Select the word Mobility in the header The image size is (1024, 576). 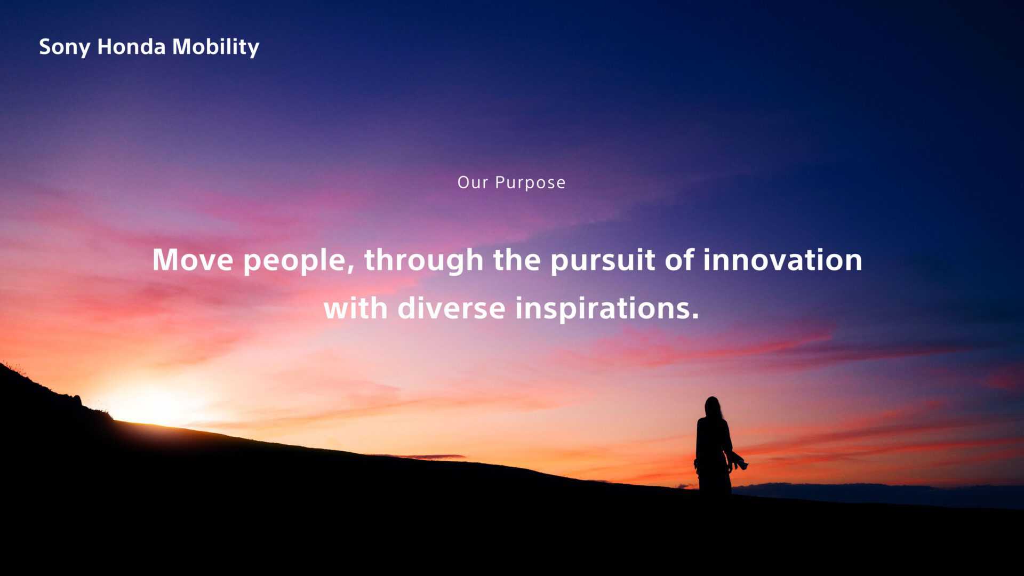(215, 47)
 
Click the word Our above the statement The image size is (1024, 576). (473, 182)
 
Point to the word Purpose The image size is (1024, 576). (530, 183)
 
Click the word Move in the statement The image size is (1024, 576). (193, 260)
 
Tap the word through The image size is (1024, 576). (423, 261)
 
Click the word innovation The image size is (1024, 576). (782, 260)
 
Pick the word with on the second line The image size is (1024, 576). (355, 308)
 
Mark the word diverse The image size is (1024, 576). (451, 308)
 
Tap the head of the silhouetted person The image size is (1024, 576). (713, 406)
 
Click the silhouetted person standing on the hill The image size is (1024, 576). (715, 445)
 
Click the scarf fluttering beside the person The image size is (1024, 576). (738, 461)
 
